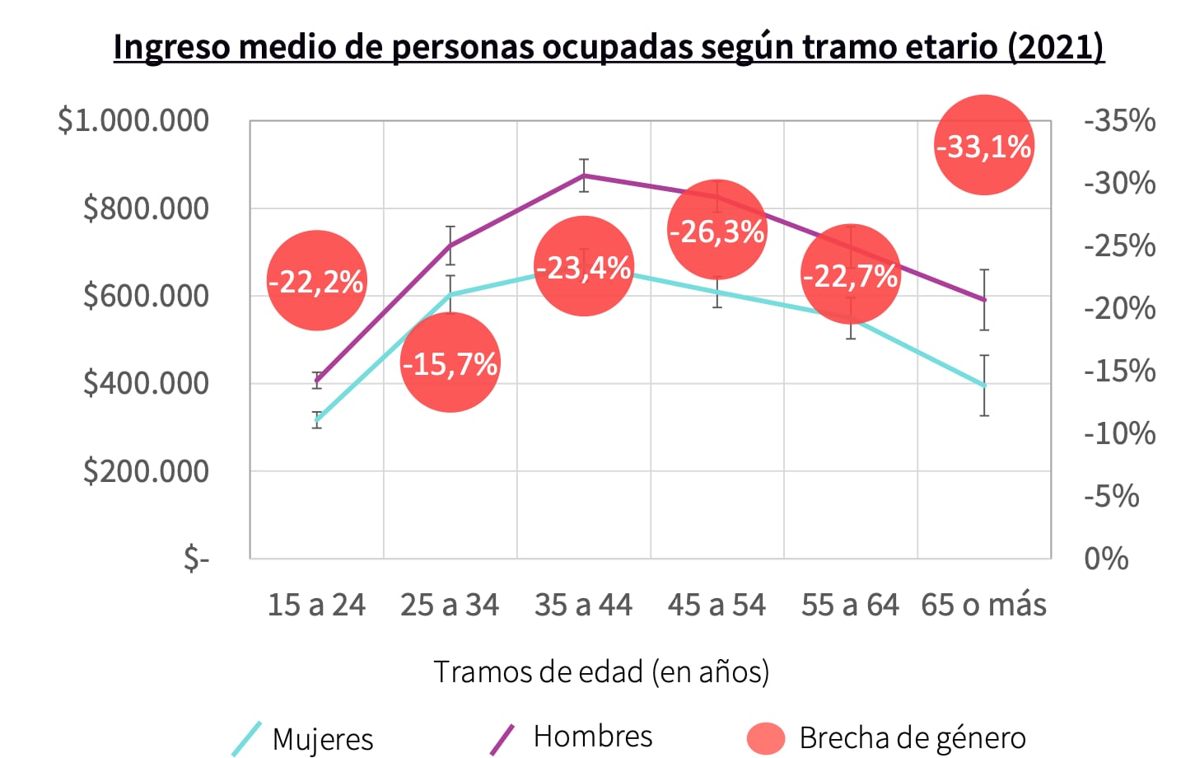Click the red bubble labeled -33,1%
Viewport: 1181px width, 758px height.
coord(983,146)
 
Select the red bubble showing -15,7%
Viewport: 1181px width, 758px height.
coord(450,363)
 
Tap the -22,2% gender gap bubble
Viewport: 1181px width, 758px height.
coord(316,281)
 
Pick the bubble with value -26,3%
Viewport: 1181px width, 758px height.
coord(717,231)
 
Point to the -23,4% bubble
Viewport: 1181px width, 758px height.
coord(583,266)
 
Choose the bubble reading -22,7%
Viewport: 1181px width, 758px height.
coord(850,274)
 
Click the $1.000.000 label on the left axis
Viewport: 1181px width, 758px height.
coord(133,120)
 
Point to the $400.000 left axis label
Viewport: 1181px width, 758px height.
coord(146,383)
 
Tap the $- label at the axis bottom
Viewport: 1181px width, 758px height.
coord(196,559)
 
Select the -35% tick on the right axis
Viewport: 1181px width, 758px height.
coord(1119,120)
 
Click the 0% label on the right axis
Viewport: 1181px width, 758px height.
coord(1106,559)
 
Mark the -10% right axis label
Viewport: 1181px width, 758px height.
coord(1119,433)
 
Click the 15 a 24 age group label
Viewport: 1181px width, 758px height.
coord(316,605)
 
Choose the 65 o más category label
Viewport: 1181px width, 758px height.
coord(983,605)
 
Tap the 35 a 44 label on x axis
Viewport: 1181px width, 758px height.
coord(583,605)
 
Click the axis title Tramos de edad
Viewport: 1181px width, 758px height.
coord(601,671)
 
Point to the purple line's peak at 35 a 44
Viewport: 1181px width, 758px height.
coord(584,175)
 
